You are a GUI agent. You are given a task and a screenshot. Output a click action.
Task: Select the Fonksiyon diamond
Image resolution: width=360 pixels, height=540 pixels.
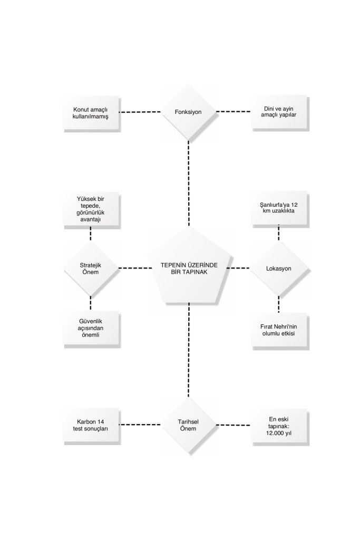coord(188,112)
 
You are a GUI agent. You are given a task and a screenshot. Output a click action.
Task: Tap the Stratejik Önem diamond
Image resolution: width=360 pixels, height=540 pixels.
coord(91,268)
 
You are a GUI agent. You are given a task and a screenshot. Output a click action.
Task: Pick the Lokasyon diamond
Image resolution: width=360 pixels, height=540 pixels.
coord(279,268)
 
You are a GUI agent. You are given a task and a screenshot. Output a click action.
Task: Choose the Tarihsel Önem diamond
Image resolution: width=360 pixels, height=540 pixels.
coord(188,425)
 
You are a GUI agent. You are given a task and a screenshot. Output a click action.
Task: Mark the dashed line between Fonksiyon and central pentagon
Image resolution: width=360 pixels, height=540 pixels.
coord(189,183)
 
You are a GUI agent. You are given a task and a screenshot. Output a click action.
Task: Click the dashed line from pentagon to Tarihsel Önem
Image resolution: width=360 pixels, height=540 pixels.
coord(189,351)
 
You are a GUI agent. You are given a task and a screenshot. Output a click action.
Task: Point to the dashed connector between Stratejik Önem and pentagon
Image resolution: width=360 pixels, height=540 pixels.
coord(135,268)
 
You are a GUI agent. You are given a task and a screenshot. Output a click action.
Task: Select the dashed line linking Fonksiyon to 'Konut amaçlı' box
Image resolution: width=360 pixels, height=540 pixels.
coord(140,112)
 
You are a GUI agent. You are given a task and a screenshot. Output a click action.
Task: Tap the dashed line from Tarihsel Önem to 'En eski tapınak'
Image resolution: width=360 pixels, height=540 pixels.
coord(233,425)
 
